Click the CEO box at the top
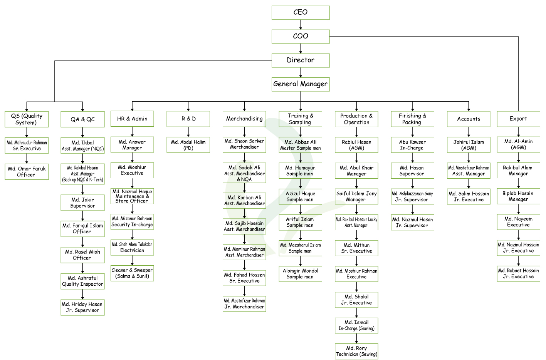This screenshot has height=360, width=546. pyautogui.click(x=301, y=13)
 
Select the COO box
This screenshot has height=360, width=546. pyautogui.click(x=301, y=37)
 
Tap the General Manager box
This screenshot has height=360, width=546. pyautogui.click(x=301, y=84)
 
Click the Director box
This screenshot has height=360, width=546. pyautogui.click(x=301, y=60)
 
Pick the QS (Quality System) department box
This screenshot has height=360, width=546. pyautogui.click(x=27, y=119)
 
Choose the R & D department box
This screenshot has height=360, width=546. pyautogui.click(x=188, y=119)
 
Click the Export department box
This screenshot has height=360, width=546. pyautogui.click(x=519, y=119)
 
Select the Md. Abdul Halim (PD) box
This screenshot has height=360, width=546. pyautogui.click(x=188, y=145)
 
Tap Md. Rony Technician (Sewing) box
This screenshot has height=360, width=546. pyautogui.click(x=356, y=351)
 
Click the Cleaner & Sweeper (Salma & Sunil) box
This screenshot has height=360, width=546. pyautogui.click(x=132, y=273)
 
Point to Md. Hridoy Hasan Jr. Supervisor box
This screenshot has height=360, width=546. pyautogui.click(x=82, y=307)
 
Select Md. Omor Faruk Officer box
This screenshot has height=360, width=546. pyautogui.click(x=27, y=172)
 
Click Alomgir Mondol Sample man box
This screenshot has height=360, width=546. pyautogui.click(x=300, y=274)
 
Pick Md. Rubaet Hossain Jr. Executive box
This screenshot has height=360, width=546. pyautogui.click(x=519, y=274)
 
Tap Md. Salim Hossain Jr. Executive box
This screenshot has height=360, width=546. pyautogui.click(x=469, y=197)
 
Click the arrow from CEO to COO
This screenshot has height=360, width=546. pyautogui.click(x=301, y=25)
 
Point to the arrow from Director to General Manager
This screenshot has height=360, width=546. pyautogui.click(x=301, y=72)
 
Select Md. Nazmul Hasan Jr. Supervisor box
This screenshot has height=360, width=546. pyautogui.click(x=412, y=223)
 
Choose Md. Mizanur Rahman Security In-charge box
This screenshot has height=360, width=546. pyautogui.click(x=132, y=222)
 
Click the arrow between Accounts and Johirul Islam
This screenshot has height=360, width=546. pyautogui.click(x=469, y=132)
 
